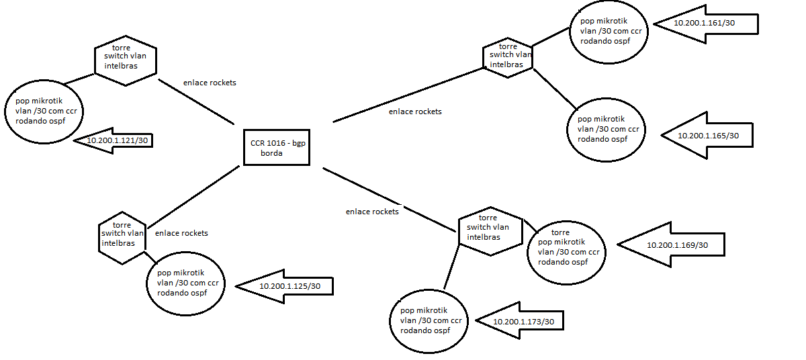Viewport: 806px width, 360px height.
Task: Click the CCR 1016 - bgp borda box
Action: pos(275,147)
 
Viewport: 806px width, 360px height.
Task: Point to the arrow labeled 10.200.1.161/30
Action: pos(705,23)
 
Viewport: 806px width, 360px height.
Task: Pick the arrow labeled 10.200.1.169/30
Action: pos(672,245)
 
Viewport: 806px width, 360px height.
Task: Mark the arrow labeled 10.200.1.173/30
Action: pos(520,322)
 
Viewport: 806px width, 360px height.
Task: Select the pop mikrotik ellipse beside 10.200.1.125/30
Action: pos(185,283)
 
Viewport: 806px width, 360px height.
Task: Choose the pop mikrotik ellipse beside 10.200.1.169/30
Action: pos(566,252)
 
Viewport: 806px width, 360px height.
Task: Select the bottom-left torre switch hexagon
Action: pos(122,237)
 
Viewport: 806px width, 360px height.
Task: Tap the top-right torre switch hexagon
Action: pos(508,56)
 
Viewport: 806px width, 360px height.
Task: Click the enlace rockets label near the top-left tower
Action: pos(210,83)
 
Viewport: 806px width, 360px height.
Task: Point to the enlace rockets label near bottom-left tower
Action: pos(181,233)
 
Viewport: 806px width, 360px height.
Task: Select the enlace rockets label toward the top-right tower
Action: pos(415,111)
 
